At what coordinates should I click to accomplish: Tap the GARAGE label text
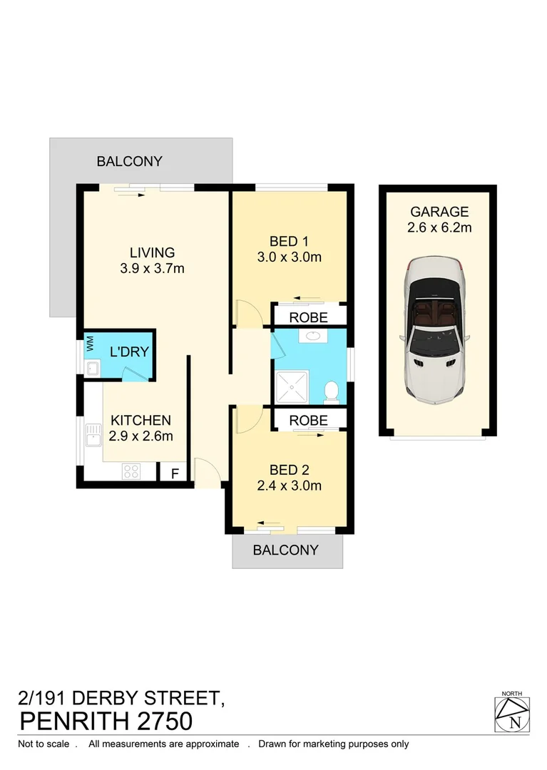tap(439, 212)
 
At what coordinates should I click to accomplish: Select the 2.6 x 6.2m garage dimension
tap(439, 228)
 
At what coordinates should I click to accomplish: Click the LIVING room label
tap(152, 252)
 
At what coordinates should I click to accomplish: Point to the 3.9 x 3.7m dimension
tap(152, 269)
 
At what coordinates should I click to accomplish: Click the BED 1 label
tap(289, 240)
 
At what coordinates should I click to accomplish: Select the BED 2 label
tap(289, 470)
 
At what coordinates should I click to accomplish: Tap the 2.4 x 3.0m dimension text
tap(289, 486)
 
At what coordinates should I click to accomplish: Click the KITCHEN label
tap(140, 421)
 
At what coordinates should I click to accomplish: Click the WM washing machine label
tap(90, 344)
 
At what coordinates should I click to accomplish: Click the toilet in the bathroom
tap(331, 391)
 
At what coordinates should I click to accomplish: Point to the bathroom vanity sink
tap(313, 337)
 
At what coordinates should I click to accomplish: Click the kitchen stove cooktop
tap(131, 471)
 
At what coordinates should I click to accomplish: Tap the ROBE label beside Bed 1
tap(308, 317)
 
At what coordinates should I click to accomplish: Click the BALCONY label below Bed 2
tap(286, 550)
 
